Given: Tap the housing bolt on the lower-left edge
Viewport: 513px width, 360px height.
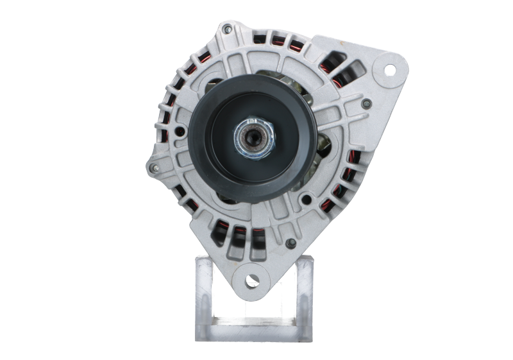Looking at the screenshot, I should pyautogui.click(x=152, y=168).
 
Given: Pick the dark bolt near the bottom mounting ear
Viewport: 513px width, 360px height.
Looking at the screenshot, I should pyautogui.click(x=290, y=243).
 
